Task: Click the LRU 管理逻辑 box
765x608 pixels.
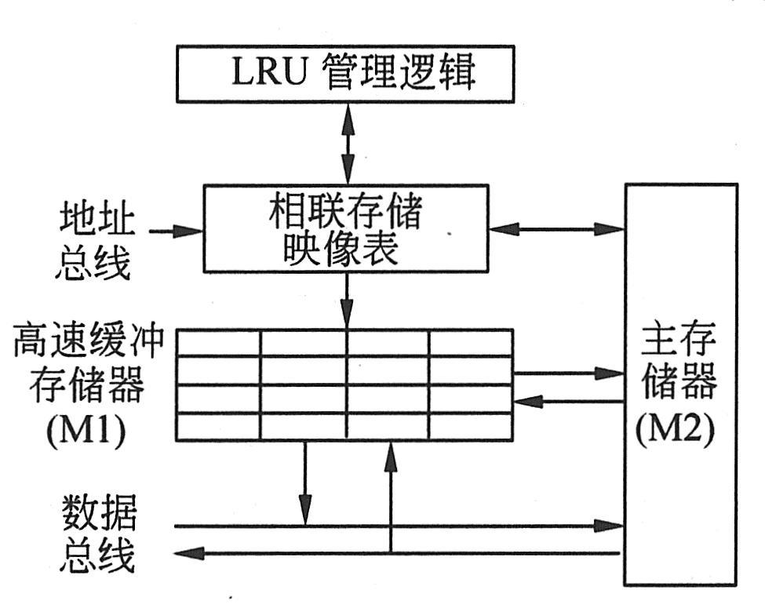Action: point(344,74)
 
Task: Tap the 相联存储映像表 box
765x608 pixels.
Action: point(345,229)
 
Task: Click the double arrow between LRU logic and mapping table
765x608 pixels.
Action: point(346,144)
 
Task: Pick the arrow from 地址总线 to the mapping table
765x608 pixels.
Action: point(176,231)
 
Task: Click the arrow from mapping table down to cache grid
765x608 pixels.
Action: point(346,301)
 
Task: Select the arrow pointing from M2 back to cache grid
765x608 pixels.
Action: point(568,401)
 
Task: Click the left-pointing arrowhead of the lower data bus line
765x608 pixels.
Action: point(185,553)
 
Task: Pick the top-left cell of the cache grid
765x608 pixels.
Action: point(217,343)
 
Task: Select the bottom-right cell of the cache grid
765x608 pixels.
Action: point(470,426)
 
